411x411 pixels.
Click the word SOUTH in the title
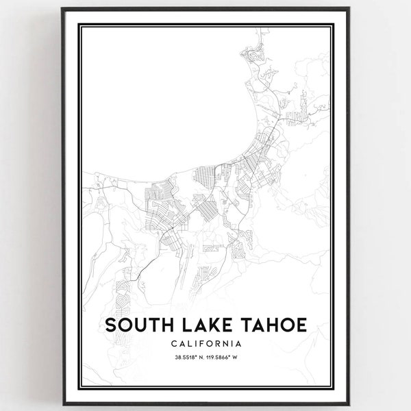pos(137,325)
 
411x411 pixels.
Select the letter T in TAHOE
pos(240,325)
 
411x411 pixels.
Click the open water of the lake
pos(164,103)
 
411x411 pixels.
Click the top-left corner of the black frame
pos(62,9)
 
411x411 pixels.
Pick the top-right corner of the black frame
pos(350,9)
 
